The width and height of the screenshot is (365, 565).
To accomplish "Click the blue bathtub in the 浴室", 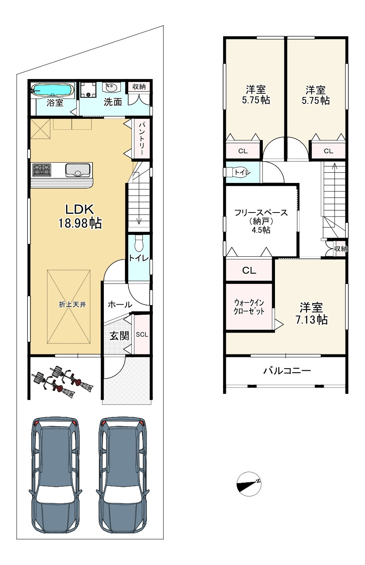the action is [x=52, y=90].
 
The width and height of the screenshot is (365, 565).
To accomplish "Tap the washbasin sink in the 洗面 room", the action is [x=110, y=88].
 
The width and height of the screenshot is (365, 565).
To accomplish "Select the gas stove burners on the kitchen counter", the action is [x=42, y=170].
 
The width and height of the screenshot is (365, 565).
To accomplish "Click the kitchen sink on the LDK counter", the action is [x=78, y=170].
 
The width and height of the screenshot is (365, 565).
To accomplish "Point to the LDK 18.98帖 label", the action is [x=80, y=216].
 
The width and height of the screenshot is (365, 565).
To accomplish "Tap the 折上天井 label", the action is [x=73, y=305].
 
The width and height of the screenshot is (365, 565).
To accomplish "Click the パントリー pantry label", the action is [x=141, y=138].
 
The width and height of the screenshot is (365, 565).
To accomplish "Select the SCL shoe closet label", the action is [x=142, y=335].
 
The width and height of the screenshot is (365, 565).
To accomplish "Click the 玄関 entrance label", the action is [x=119, y=336].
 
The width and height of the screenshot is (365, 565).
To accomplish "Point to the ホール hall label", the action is [x=120, y=305].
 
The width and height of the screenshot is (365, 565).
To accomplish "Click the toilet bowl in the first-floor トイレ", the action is [x=138, y=243].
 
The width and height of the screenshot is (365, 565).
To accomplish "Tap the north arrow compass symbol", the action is [x=249, y=484].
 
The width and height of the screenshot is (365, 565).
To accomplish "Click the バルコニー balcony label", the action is [x=287, y=371].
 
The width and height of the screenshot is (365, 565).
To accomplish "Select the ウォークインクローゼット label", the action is [x=249, y=307].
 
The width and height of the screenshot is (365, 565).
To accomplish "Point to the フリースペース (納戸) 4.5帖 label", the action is [x=261, y=221].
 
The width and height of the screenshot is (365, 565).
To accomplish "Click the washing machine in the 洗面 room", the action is [x=88, y=90].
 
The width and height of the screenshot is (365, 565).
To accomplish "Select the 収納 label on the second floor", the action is [x=341, y=249].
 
